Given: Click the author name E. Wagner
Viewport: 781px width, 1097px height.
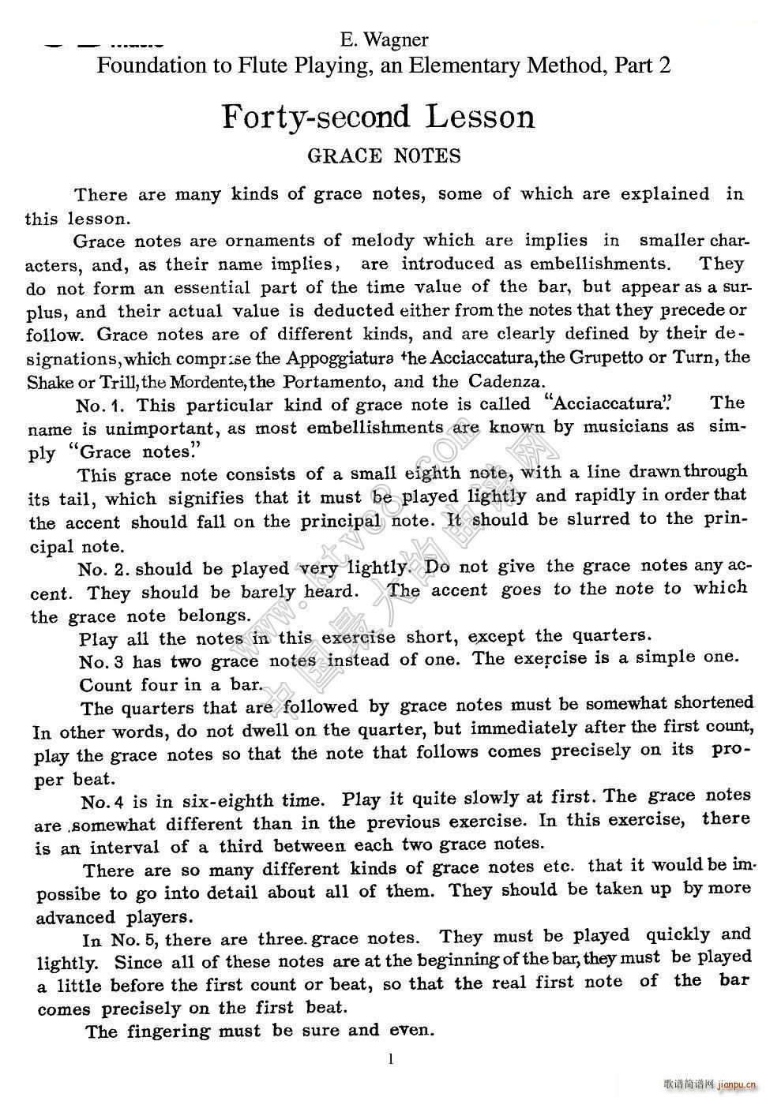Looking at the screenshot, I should (x=384, y=39).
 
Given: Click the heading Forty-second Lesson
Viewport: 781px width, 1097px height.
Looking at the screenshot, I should (x=378, y=117).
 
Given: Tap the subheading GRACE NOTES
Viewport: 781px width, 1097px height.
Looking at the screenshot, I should (x=384, y=155).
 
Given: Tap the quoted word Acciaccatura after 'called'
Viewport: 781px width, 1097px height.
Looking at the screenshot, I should (x=607, y=404).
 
